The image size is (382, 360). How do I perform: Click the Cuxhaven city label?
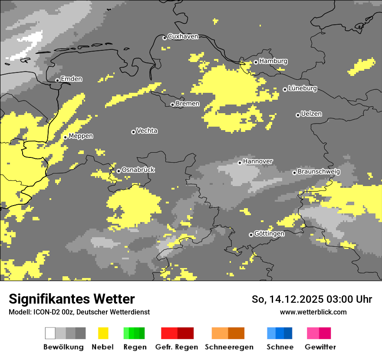tap(183, 36)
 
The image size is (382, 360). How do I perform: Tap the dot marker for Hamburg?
tap(256, 62)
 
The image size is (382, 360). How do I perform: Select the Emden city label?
tap(71, 79)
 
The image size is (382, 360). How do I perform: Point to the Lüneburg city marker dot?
tap(285, 89)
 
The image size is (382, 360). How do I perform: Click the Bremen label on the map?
tap(188, 104)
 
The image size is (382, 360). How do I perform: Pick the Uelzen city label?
tap(311, 114)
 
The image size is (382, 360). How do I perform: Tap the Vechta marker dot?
tap(133, 132)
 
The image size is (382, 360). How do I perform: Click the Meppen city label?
tap(81, 136)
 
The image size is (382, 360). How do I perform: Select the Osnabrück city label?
tap(138, 170)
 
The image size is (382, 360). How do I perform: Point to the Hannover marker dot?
tap(240, 163)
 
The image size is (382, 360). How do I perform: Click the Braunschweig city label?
tap(319, 172)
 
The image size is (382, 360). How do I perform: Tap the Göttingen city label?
tap(270, 234)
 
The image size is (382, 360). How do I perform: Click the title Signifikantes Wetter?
tap(72, 299)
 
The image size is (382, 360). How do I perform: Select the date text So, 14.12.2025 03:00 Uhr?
tap(312, 299)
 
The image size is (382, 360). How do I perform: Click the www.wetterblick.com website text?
tap(313, 312)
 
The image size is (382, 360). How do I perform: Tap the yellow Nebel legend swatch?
tap(103, 333)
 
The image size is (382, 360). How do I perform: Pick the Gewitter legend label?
tap(320, 347)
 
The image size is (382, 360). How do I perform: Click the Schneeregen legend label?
tap(229, 347)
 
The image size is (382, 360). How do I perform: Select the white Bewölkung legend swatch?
tap(50, 333)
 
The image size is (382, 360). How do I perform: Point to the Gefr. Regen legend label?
tap(177, 347)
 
